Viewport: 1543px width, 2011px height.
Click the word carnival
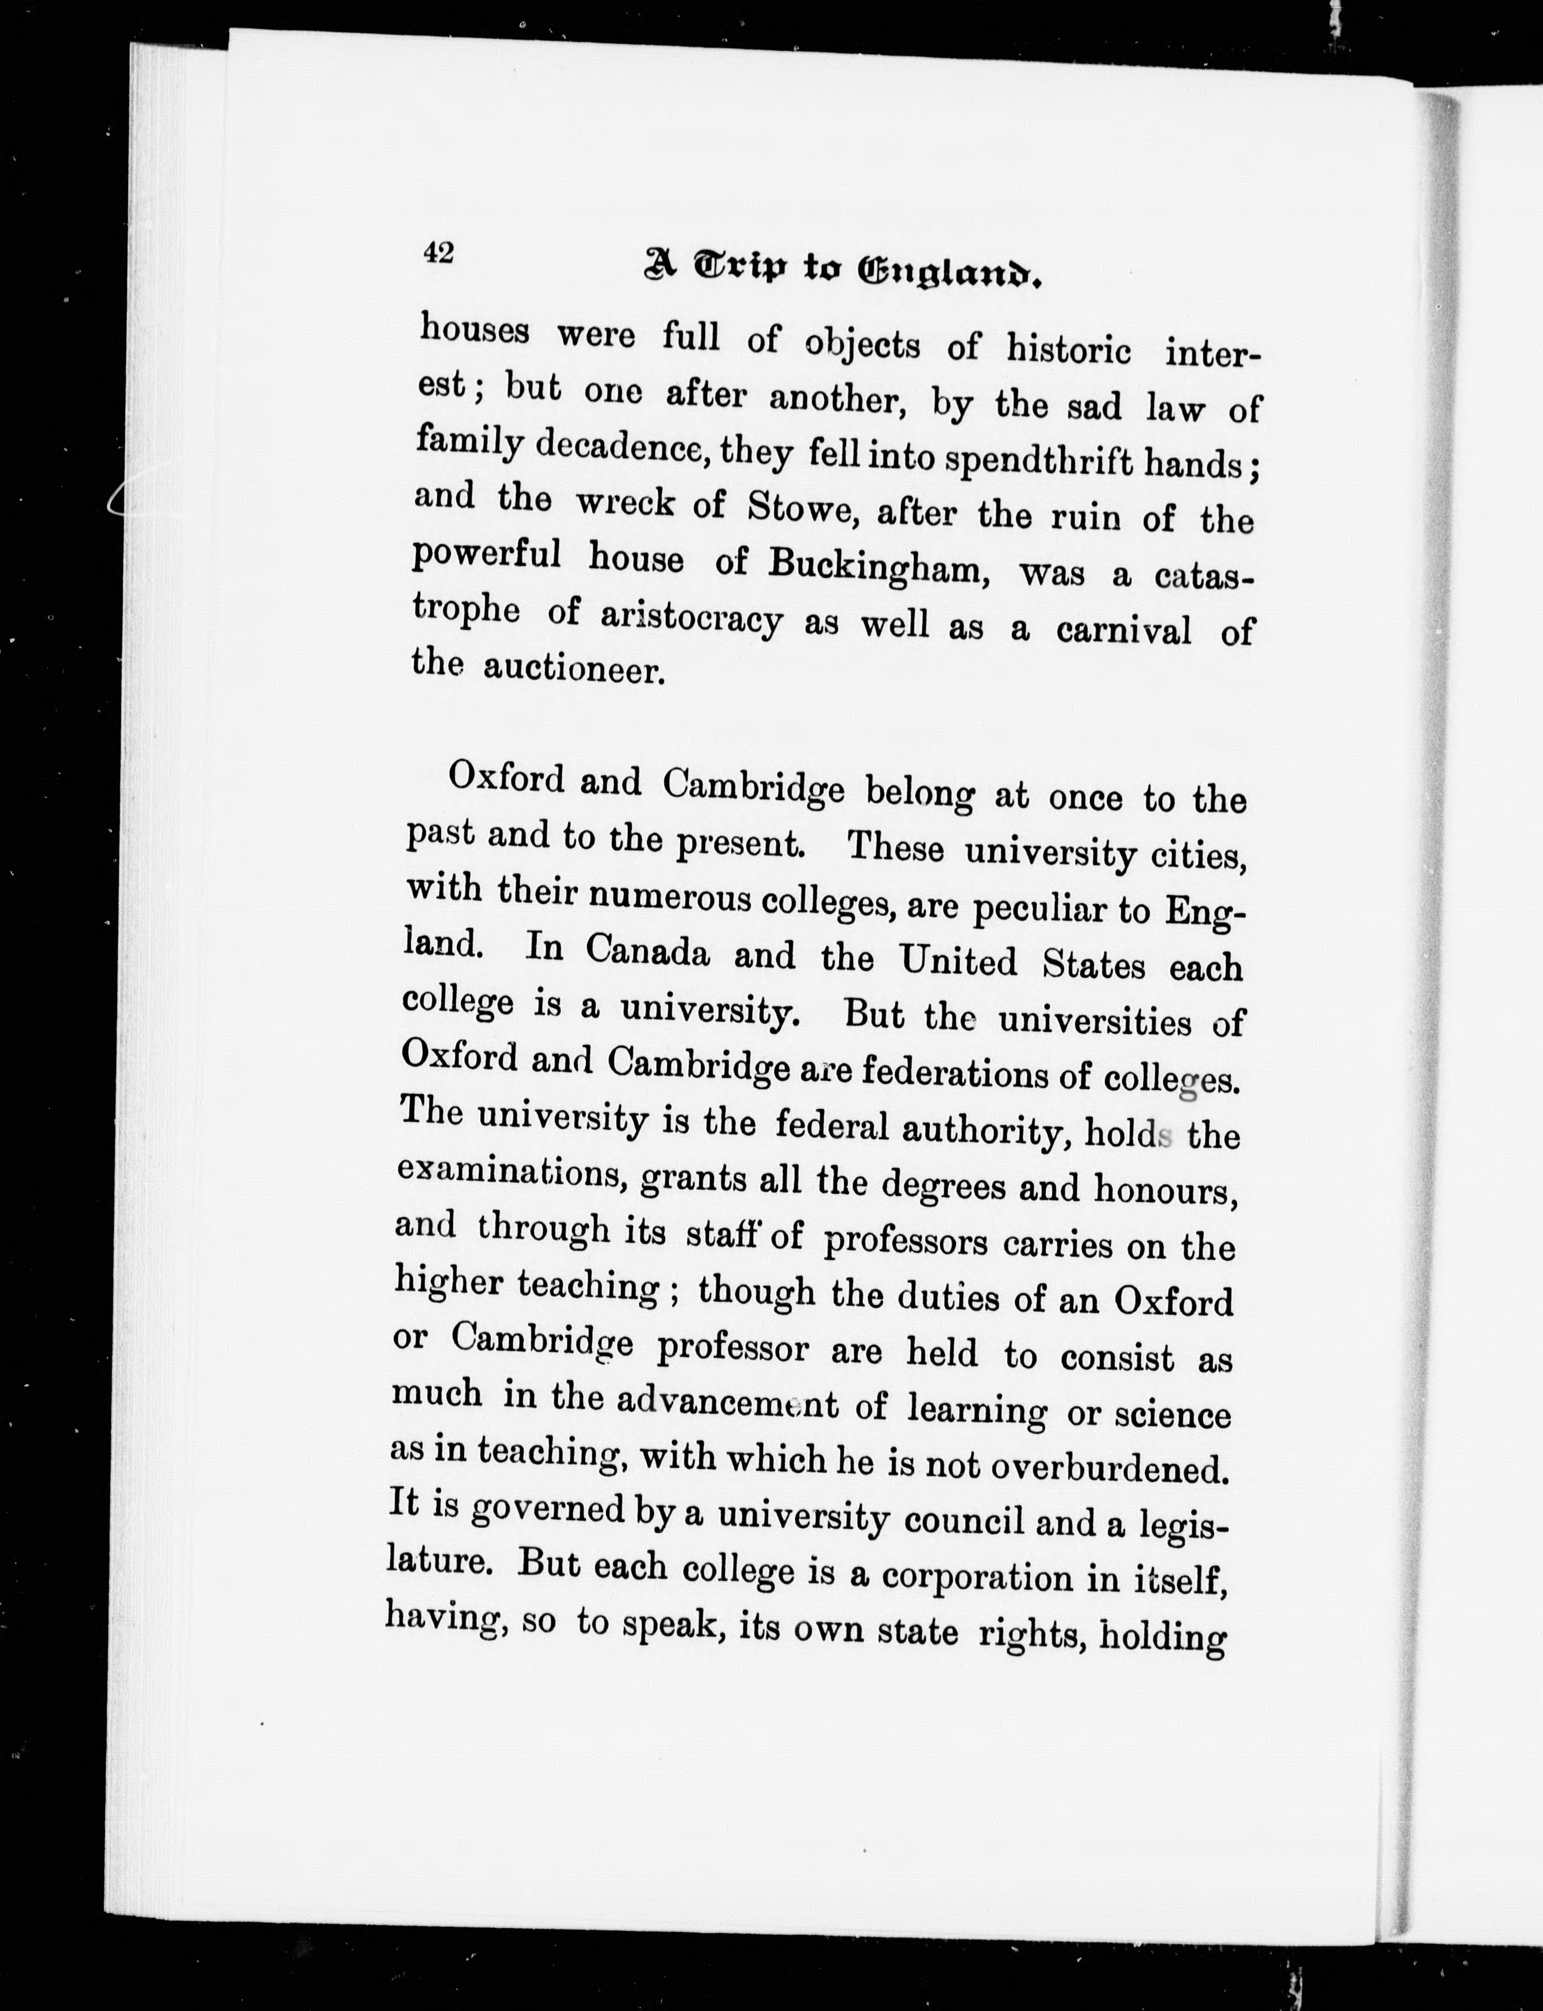pyautogui.click(x=1123, y=631)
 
